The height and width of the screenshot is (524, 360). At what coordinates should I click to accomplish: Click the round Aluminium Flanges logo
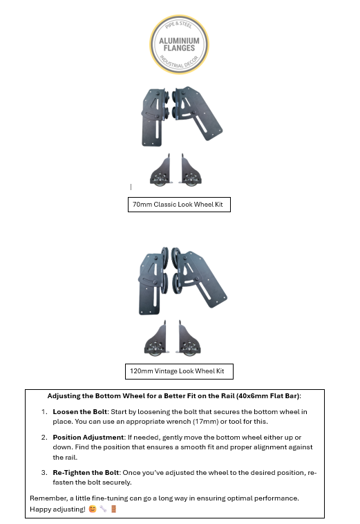(179, 44)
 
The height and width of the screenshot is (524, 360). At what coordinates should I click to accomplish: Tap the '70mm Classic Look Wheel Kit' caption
(178, 205)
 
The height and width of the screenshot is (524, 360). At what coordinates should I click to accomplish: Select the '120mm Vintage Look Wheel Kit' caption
(177, 371)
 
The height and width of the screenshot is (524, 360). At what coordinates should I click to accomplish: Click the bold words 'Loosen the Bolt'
(80, 412)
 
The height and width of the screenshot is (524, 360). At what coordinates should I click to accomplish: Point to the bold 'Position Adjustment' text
(88, 437)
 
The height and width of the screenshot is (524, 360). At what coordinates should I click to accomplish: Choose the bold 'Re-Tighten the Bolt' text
(86, 473)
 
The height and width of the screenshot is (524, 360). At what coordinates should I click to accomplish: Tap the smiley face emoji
(93, 509)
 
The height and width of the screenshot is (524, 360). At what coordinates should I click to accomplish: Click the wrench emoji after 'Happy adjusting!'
(103, 509)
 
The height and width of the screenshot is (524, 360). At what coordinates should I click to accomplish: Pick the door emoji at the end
(113, 509)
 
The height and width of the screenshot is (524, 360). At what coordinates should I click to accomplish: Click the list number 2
(44, 437)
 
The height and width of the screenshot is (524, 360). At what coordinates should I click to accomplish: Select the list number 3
(44, 473)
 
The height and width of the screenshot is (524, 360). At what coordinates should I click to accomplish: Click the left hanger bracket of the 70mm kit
(153, 117)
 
